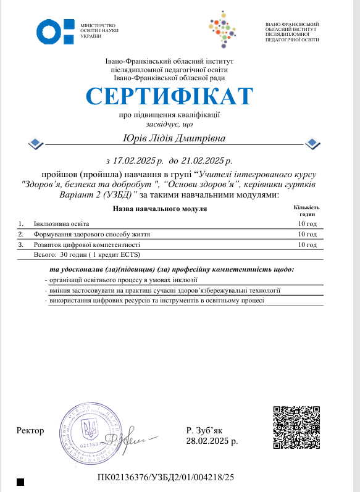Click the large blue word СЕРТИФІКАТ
[x=170, y=96]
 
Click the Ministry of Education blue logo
[x=56, y=30]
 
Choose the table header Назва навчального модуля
[x=159, y=209]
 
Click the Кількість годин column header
[x=307, y=211]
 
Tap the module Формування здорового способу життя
[x=91, y=235]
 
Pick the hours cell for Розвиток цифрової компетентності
[x=307, y=245]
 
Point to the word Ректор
[x=32, y=430]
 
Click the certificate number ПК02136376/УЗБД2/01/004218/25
[x=166, y=477]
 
